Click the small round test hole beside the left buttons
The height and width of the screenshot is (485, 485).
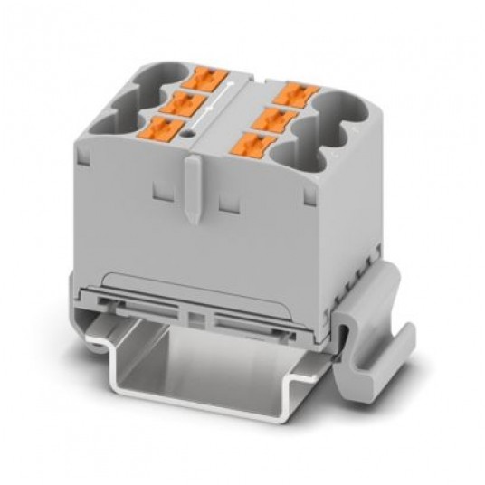tap(188, 136)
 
